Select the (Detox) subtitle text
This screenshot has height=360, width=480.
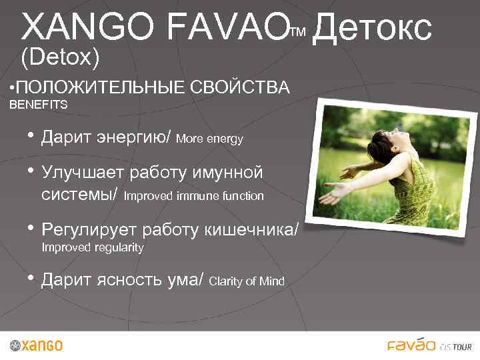[61, 58]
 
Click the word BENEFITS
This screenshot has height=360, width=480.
[38, 105]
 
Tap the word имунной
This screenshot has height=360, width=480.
[227, 172]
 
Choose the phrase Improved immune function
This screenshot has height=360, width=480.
[194, 197]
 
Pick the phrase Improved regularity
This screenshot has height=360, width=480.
[93, 247]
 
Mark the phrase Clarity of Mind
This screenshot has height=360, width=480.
[247, 281]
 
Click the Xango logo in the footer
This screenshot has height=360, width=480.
[37, 345]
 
